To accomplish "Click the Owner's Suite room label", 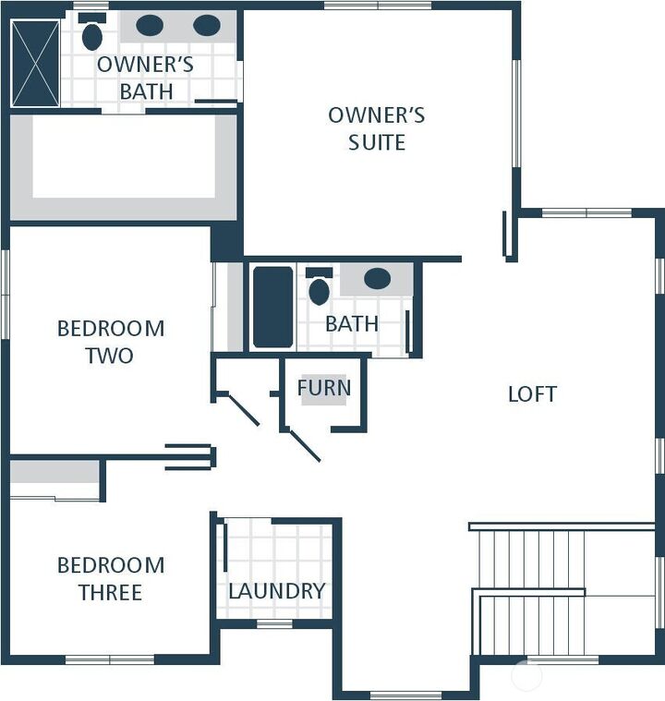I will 377,128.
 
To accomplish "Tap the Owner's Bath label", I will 145,78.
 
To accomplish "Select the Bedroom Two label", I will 110,341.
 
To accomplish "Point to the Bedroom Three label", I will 110,578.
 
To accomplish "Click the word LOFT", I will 532,394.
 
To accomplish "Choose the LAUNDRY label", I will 276,591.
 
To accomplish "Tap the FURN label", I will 323,388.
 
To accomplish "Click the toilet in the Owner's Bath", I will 92,35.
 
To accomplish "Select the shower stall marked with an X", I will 35,63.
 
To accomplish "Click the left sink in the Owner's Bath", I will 150,26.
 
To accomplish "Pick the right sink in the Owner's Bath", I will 207,26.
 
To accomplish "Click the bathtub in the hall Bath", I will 272,308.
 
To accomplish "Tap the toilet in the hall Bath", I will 319,290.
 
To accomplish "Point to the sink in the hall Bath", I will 377,279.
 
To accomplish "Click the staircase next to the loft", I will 531,591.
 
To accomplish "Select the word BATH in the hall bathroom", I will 352,324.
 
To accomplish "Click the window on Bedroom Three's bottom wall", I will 109,659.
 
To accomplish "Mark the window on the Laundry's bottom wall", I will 274,624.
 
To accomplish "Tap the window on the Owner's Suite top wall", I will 378,6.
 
